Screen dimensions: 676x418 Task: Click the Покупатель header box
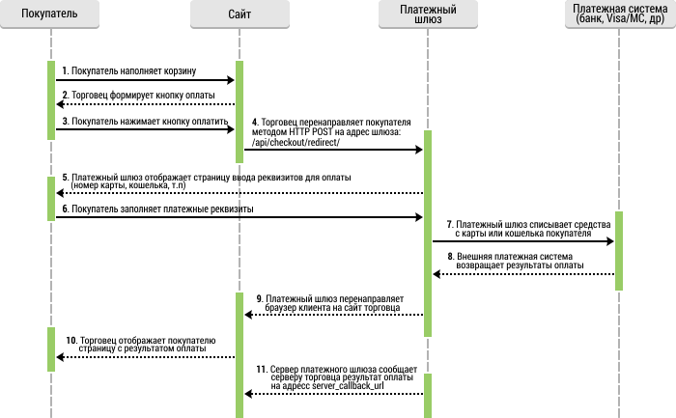pos(49,14)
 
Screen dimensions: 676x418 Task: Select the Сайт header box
pos(239,14)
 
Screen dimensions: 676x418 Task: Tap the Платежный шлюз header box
pos(428,14)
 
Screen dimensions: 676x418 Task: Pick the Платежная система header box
pos(620,14)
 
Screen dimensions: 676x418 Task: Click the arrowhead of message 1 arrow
pos(231,80)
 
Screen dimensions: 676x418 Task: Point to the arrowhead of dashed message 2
pos(60,104)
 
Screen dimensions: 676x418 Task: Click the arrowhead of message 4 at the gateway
pos(419,150)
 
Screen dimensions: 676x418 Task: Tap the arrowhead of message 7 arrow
pos(610,241)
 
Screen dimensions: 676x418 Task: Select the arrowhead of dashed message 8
pos(437,274)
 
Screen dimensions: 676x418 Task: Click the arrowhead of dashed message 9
pos(248,315)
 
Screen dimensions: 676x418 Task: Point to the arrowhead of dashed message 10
pos(60,357)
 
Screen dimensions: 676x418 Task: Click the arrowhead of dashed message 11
pos(248,394)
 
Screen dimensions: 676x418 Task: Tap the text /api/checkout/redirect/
pos(296,142)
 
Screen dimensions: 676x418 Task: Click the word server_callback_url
pos(348,386)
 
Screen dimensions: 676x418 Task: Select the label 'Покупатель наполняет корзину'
pos(133,71)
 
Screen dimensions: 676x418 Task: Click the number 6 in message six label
pos(65,209)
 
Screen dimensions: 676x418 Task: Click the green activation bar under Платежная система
pos(619,251)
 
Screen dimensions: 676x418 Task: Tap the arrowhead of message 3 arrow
pos(231,129)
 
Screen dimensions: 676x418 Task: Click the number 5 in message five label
pos(65,177)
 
